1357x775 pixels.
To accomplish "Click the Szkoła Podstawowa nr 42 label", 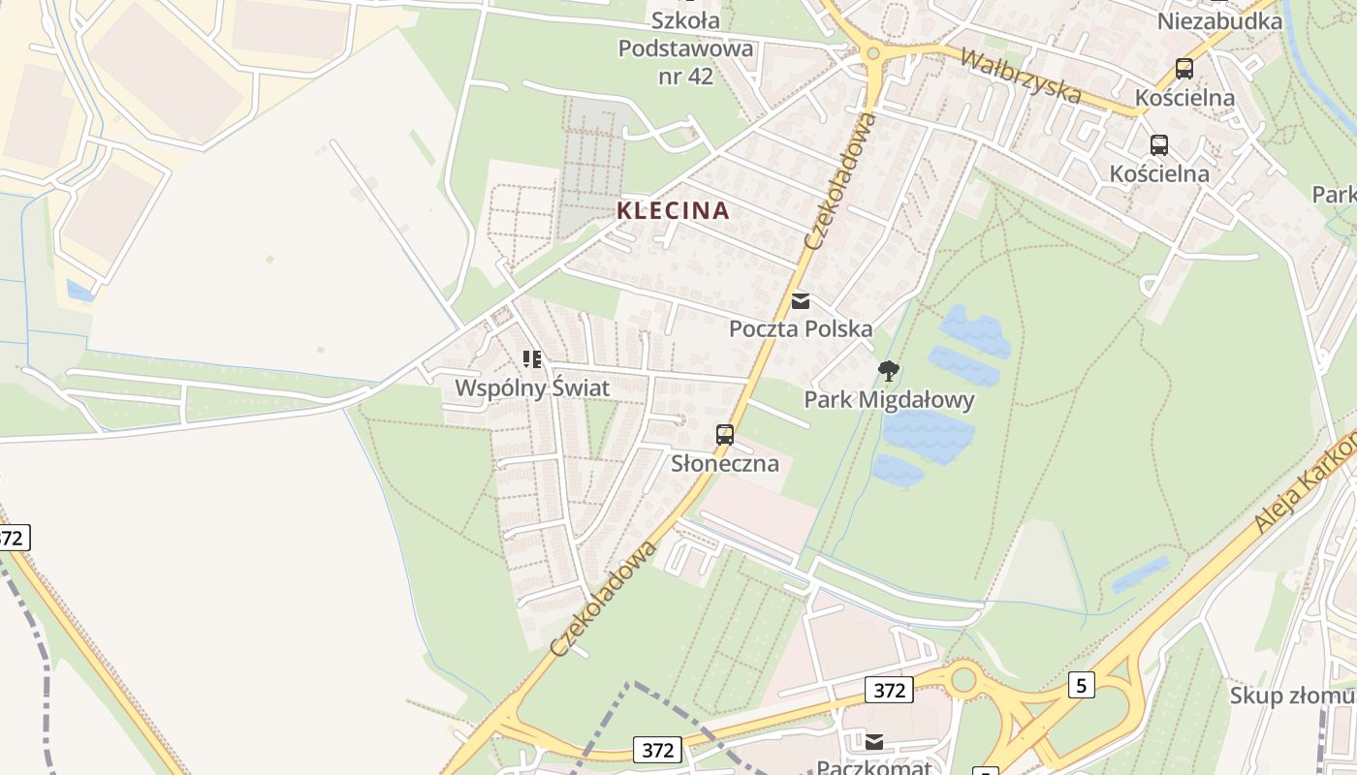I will (x=685, y=47).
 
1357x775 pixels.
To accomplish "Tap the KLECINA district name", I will (x=674, y=210).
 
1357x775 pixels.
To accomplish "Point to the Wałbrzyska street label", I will (x=1020, y=75).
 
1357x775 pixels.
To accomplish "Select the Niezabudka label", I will (x=1219, y=21).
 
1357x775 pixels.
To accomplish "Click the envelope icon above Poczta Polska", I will (x=801, y=301).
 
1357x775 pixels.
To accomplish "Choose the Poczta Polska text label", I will (x=801, y=329).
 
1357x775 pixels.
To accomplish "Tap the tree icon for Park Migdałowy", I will (x=888, y=370).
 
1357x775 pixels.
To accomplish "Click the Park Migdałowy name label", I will (x=889, y=399).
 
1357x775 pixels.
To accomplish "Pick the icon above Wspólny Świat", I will (x=532, y=359).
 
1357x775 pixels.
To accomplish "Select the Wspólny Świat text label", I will (x=532, y=388).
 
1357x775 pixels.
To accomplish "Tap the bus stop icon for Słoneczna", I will (x=725, y=435).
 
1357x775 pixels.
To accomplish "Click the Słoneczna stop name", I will (x=725, y=463).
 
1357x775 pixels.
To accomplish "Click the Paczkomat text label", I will (x=873, y=767).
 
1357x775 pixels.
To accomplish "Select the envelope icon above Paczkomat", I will (x=874, y=742).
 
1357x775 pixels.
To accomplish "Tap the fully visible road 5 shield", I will (x=1082, y=685).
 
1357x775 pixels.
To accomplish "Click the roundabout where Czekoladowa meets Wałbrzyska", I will (x=872, y=53).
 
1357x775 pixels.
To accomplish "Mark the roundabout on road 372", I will (x=963, y=679).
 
